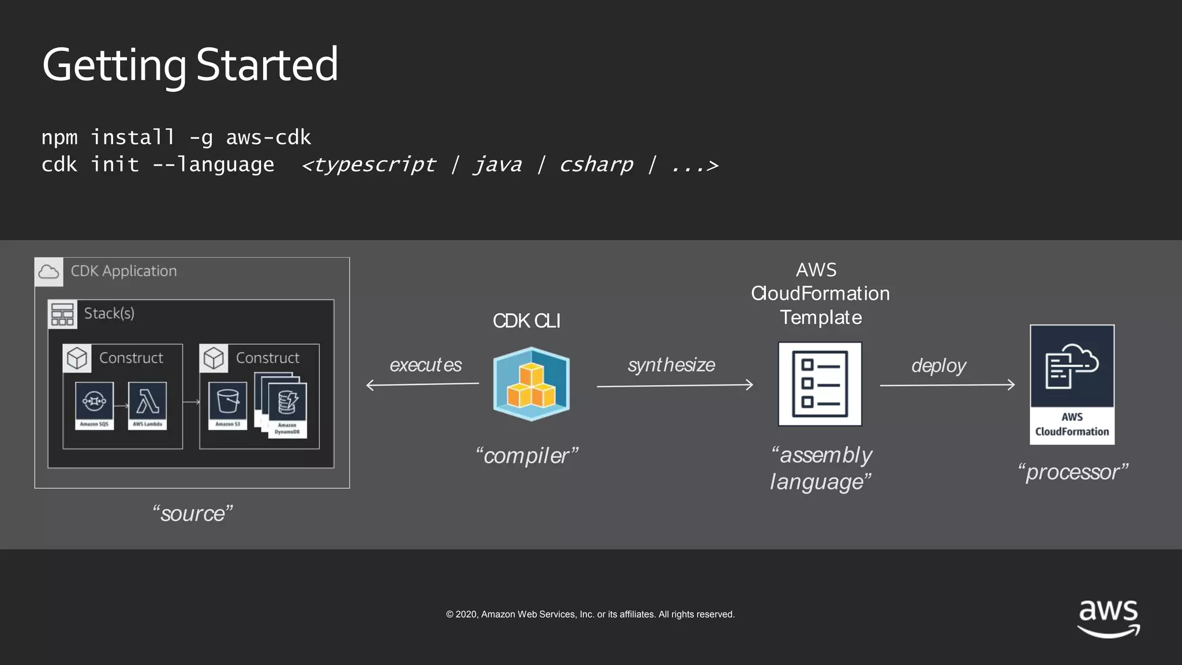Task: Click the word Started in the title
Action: (x=267, y=65)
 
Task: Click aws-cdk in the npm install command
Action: (x=268, y=137)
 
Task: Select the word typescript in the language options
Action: (x=375, y=165)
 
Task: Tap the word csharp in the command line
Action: (x=596, y=165)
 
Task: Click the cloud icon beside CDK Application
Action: (x=49, y=272)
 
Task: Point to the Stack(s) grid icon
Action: (x=62, y=314)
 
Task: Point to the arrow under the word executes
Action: (x=422, y=384)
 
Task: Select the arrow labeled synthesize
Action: (x=675, y=385)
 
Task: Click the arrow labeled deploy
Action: (x=947, y=385)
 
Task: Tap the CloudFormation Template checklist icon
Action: (x=820, y=384)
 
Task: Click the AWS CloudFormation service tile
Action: (x=1072, y=384)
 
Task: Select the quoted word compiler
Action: (x=526, y=455)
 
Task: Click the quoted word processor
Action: (x=1073, y=472)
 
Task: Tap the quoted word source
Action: (x=193, y=513)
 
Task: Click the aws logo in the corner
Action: (x=1108, y=618)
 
